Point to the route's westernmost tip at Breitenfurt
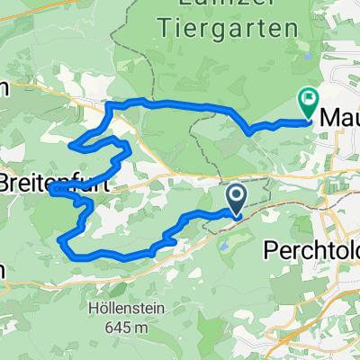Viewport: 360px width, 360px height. tap(52, 190)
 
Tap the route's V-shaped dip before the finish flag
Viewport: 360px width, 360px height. tap(247, 132)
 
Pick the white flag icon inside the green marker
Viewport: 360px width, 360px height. tap(309, 101)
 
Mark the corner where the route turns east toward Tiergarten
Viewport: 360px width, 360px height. tap(110, 106)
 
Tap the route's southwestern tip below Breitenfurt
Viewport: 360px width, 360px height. tap(61, 240)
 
